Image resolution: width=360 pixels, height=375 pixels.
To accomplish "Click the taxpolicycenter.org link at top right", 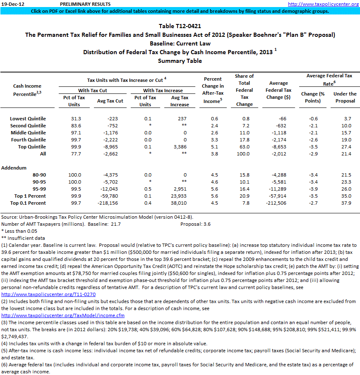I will click(x=323, y=4).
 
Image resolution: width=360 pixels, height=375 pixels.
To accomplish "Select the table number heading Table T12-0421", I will click(x=180, y=26).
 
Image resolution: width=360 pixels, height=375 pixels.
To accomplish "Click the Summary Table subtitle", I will click(x=180, y=61).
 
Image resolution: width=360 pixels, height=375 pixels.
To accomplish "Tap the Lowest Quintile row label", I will click(x=28, y=119).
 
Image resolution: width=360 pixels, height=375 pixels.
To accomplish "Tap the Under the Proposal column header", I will click(x=345, y=97).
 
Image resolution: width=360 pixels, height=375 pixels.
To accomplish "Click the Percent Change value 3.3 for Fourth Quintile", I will click(x=213, y=140).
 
